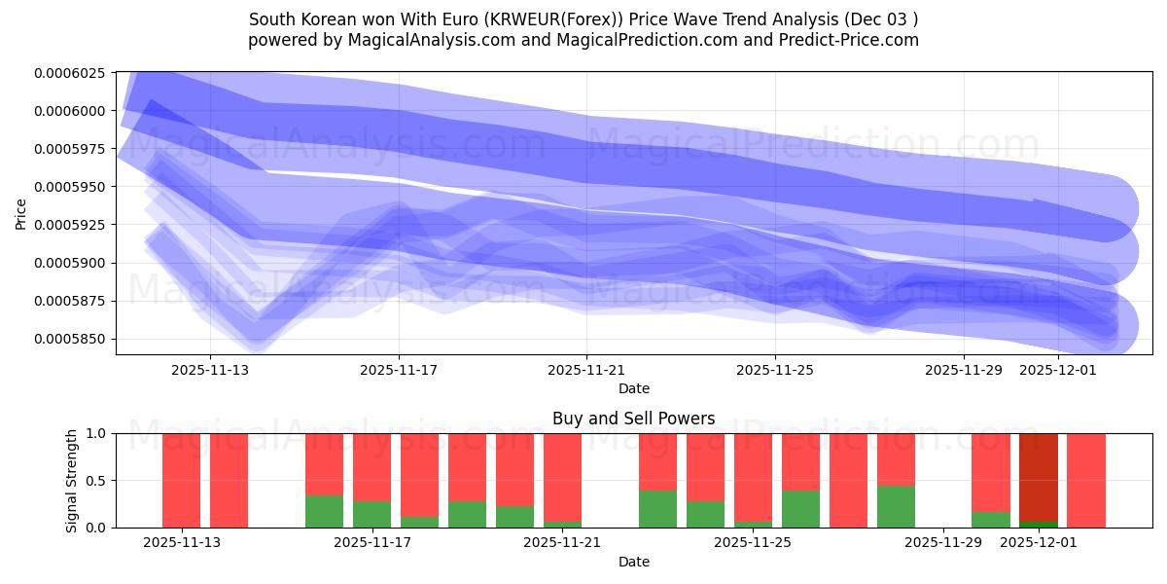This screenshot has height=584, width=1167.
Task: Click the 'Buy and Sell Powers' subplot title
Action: coord(633,419)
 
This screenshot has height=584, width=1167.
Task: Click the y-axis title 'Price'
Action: coord(21,212)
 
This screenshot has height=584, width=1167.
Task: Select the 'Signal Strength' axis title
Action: coord(72,480)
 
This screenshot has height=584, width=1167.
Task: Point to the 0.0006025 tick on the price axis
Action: coord(74,73)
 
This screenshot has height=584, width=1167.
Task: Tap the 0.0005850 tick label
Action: coord(74,339)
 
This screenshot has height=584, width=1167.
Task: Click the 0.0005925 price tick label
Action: coord(74,225)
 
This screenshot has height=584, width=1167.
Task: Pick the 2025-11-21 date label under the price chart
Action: coord(586,370)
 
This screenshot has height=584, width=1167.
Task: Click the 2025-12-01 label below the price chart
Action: coord(1057,370)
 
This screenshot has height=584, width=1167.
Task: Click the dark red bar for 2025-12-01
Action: coord(1038,477)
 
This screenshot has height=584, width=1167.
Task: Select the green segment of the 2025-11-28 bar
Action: coord(896,506)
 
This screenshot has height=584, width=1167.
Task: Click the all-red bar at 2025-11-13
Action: coord(181,480)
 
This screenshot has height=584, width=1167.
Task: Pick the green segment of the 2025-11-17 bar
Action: coord(371,514)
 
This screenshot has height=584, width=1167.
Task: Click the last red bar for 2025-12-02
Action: coord(1085,480)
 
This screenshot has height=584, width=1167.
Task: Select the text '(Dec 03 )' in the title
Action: coord(881,19)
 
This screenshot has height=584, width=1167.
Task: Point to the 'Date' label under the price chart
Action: coord(633,388)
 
